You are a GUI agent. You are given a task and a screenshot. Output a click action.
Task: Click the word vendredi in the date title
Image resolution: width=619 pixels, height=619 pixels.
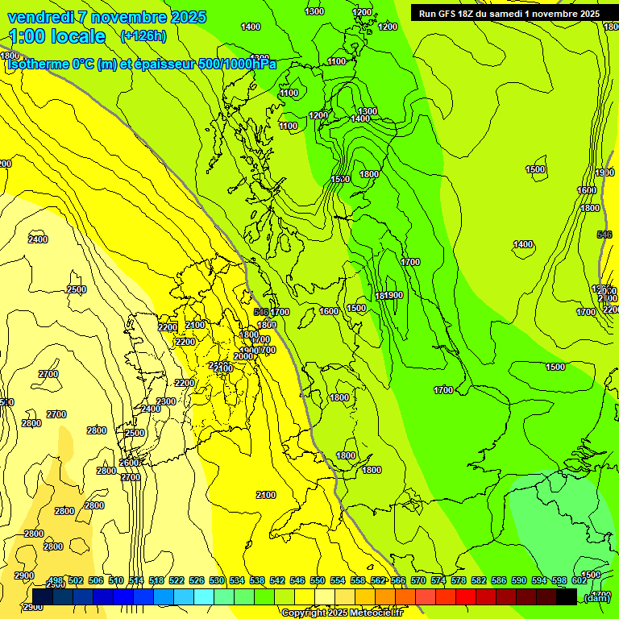36,17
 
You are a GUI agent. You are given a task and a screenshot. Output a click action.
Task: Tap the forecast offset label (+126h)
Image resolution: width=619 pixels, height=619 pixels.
143,35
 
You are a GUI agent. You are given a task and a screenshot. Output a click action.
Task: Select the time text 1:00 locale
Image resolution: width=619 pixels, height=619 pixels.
56,36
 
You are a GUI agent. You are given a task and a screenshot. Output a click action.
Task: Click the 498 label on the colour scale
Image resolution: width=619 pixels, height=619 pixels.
56,580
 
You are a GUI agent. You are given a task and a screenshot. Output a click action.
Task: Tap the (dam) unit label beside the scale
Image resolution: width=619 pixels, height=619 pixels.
596,597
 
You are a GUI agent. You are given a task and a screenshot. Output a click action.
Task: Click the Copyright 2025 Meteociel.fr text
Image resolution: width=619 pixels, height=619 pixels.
342,613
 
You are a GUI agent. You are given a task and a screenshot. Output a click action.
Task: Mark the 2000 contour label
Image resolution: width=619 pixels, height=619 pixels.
243,356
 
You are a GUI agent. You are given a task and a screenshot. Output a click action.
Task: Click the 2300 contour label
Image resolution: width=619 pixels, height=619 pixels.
166,401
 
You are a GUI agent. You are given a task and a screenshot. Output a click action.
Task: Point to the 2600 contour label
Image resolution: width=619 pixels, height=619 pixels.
129,463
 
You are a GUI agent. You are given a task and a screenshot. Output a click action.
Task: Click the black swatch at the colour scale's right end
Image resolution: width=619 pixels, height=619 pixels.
567,596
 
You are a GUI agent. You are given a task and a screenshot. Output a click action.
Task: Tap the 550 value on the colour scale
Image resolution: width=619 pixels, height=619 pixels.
318,580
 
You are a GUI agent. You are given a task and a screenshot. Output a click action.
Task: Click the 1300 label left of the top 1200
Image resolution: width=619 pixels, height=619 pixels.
315,11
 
